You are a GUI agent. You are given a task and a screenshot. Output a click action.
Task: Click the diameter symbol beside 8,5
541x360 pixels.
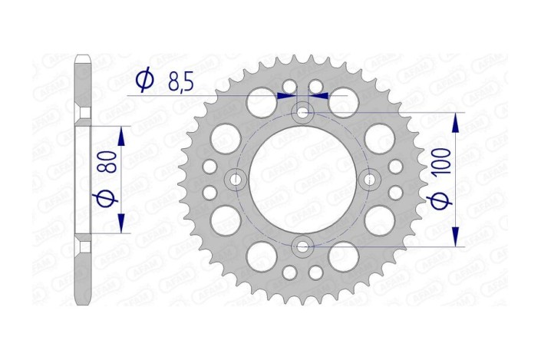coord(144,80)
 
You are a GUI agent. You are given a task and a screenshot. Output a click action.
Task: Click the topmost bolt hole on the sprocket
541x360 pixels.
coord(303,114)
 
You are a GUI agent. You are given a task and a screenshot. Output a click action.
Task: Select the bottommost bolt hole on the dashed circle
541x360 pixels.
coord(303,246)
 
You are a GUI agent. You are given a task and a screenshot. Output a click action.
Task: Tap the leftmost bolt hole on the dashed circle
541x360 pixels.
coord(236,180)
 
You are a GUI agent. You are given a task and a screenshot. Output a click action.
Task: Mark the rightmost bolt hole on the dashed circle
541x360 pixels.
coord(370,180)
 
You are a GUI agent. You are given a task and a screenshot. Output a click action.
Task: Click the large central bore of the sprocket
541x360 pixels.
coord(303,180)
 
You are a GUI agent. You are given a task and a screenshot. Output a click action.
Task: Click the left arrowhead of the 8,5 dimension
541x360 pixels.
coord(287,96)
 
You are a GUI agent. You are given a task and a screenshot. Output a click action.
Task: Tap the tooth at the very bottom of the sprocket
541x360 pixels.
coord(303,300)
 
